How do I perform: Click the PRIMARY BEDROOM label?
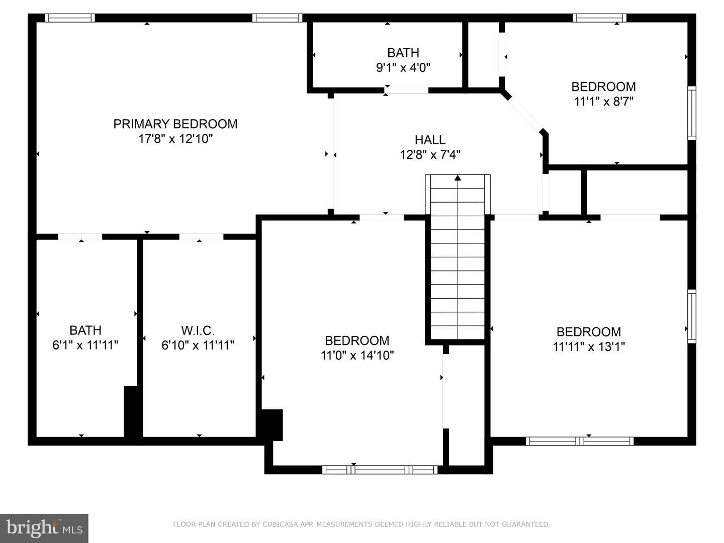(175, 124)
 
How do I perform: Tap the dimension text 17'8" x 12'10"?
(175, 139)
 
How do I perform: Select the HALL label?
(430, 140)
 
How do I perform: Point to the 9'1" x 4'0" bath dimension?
(403, 67)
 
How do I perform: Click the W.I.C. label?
(198, 330)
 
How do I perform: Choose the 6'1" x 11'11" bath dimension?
(85, 345)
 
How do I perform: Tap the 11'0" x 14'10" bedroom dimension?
(357, 355)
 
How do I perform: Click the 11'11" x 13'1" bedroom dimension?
(589, 346)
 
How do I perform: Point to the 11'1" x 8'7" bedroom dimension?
(604, 102)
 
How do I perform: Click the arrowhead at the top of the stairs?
(458, 178)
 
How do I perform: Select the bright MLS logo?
(44, 528)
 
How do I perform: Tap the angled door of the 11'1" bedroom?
(524, 114)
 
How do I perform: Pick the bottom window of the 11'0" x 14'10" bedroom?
(380, 470)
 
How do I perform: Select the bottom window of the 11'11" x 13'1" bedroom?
(580, 441)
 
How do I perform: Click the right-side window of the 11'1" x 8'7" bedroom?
(692, 113)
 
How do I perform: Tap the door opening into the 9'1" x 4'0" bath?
(406, 90)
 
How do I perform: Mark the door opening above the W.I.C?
(201, 237)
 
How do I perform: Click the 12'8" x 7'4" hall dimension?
(430, 155)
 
